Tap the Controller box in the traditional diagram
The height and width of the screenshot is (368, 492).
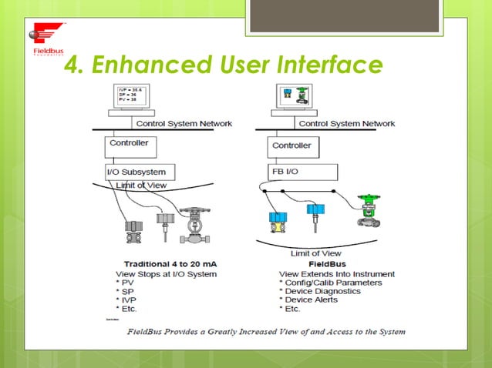130,143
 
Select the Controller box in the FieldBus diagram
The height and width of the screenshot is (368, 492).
291,145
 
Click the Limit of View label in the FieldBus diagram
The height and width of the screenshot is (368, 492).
316,253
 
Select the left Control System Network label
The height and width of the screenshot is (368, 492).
184,122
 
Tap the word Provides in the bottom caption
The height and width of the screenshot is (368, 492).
207,332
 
